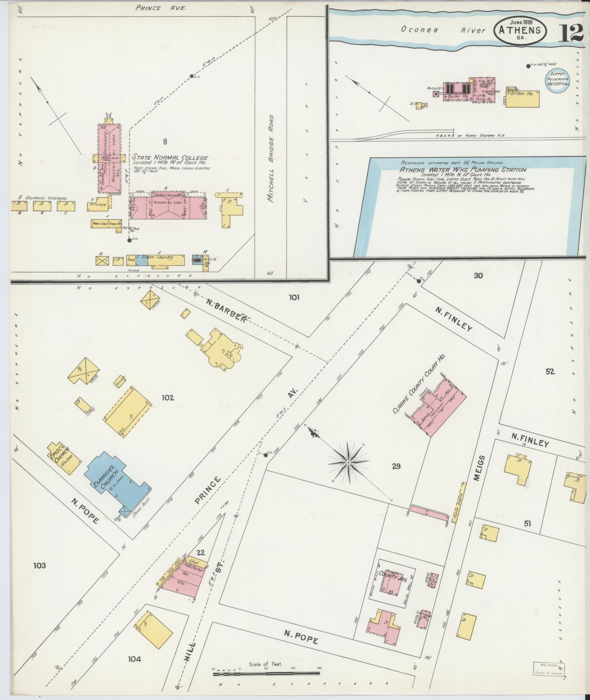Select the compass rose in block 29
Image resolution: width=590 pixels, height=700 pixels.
348,463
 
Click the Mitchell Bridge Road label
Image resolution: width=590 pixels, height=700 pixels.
271,159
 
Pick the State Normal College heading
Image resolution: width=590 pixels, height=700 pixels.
170,157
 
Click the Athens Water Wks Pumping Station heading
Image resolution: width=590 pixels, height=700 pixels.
462,170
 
